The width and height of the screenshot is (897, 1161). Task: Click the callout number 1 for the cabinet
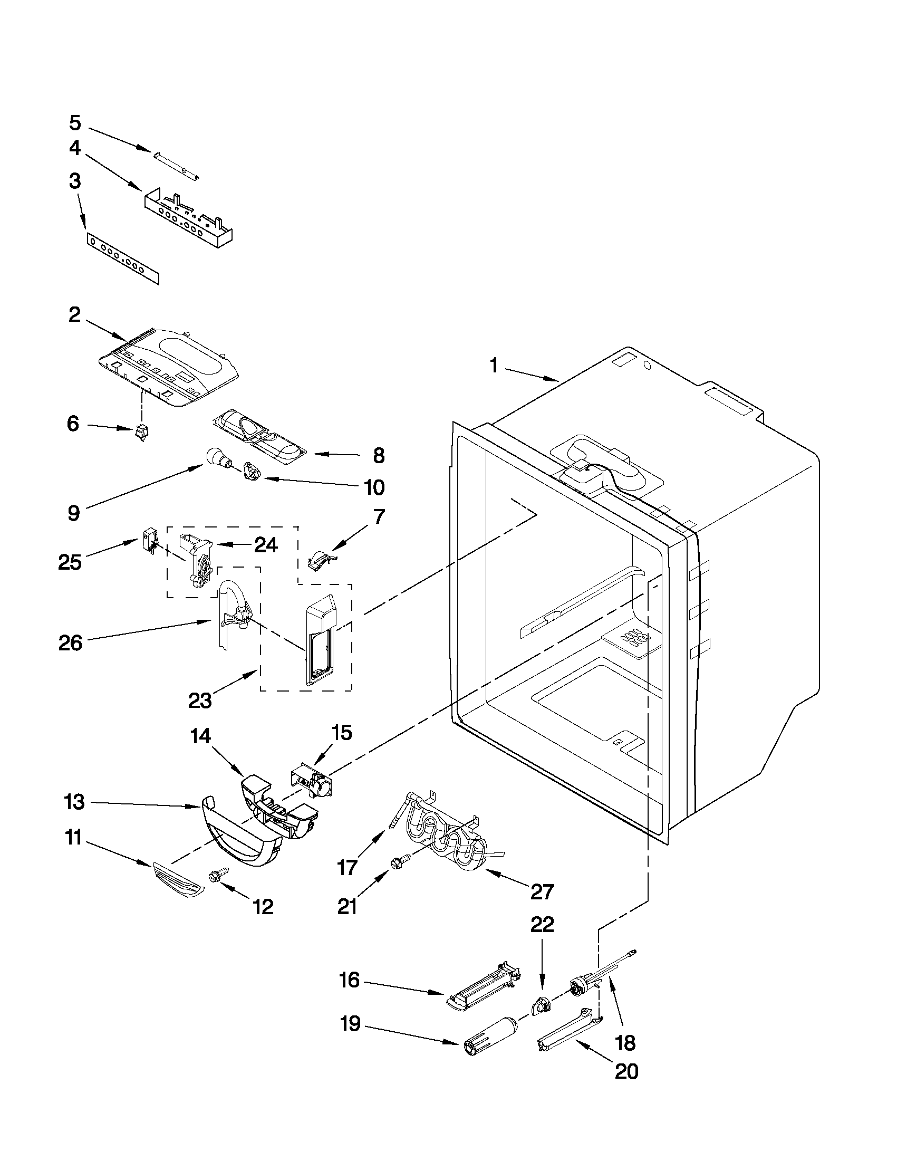point(494,366)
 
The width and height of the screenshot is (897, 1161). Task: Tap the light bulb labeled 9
point(216,457)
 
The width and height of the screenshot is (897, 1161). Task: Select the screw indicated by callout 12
point(219,874)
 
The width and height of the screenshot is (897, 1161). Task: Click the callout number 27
point(543,891)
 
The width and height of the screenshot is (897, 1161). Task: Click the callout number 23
point(200,701)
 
